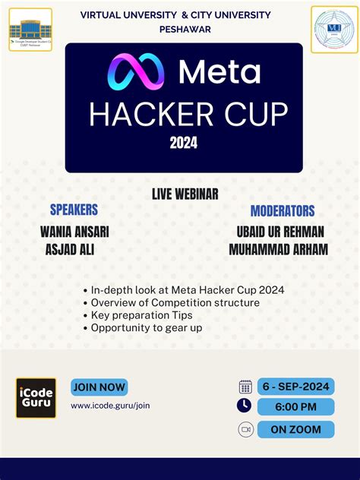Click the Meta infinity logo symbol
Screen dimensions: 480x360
136,73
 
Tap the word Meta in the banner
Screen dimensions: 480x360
219,72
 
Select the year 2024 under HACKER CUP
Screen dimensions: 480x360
184,143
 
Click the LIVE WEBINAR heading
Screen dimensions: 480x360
185,194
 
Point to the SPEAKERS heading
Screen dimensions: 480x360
74,209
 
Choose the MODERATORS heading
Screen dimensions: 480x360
282,211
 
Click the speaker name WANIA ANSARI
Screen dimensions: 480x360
74,232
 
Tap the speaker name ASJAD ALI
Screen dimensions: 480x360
70,250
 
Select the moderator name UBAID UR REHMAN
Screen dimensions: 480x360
280,232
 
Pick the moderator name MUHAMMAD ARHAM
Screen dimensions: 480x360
278,250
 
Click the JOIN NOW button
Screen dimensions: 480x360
99,387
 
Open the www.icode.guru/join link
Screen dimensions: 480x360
110,406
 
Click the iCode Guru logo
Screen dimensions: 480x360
36,398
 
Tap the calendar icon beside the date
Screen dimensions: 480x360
245,387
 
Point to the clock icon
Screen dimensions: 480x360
245,406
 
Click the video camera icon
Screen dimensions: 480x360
245,429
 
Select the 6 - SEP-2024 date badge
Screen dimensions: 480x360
295,387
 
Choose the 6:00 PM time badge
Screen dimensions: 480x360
295,407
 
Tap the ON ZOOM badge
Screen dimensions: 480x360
295,429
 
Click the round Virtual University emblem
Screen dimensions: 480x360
334,29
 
